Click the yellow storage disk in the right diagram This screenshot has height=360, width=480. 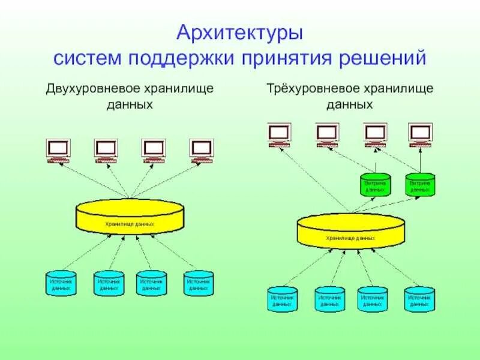pos(350,231)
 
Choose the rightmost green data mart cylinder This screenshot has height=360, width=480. pos(420,184)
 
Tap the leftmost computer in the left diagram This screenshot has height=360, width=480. pos(58,150)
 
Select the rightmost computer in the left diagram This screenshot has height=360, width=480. pos(201,150)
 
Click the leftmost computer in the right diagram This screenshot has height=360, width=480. pos(279,134)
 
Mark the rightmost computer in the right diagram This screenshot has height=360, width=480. pos(420,134)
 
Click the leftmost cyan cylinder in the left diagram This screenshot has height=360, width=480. pos(61,283)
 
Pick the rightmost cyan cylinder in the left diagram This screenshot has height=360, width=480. pos(199,283)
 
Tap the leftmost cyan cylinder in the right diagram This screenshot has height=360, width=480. pos(281,299)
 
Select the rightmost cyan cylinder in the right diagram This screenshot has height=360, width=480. pos(419,299)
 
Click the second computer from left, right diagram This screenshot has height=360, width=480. pos(328,134)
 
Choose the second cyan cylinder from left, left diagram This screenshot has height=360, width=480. pos(109,283)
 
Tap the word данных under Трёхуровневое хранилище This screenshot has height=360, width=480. pos(350,104)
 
